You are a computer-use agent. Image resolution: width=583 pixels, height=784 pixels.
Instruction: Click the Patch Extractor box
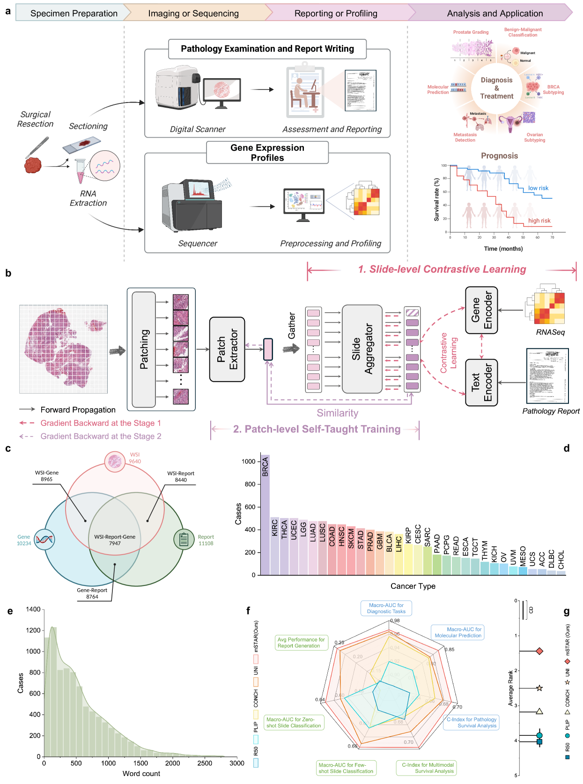click(x=227, y=349)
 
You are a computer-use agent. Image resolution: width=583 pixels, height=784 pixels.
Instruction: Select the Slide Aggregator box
click(x=362, y=349)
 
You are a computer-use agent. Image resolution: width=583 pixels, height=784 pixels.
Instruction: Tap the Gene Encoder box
click(x=481, y=310)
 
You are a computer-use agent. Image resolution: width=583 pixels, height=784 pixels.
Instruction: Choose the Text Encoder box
click(x=481, y=382)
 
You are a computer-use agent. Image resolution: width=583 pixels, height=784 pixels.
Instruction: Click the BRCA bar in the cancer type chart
click(x=266, y=515)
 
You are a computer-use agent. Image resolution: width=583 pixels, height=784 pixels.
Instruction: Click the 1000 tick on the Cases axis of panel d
click(x=249, y=462)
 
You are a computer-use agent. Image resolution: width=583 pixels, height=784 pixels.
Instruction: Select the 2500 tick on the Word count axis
click(x=205, y=763)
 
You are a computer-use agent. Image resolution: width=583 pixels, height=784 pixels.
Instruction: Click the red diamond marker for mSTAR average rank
click(x=539, y=651)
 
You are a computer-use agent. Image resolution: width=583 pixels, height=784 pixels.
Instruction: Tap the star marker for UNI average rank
click(x=539, y=688)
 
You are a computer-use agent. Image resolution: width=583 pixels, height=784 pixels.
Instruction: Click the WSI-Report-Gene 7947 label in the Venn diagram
click(x=115, y=540)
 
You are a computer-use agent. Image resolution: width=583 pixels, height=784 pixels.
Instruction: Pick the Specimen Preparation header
click(x=74, y=14)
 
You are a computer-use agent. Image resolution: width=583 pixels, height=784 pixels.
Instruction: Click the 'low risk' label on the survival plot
click(x=538, y=188)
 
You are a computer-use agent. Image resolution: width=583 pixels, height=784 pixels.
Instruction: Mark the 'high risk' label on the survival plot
click(x=539, y=220)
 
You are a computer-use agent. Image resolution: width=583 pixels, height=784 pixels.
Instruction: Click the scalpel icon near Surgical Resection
click(x=37, y=147)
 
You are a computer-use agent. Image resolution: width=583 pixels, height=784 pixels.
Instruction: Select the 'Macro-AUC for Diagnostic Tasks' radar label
click(x=386, y=608)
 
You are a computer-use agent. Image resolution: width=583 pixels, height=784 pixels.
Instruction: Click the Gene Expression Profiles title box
click(x=267, y=153)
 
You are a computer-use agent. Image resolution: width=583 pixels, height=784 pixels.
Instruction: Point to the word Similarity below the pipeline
click(x=337, y=413)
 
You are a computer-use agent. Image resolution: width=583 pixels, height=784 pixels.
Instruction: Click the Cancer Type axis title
click(x=413, y=586)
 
